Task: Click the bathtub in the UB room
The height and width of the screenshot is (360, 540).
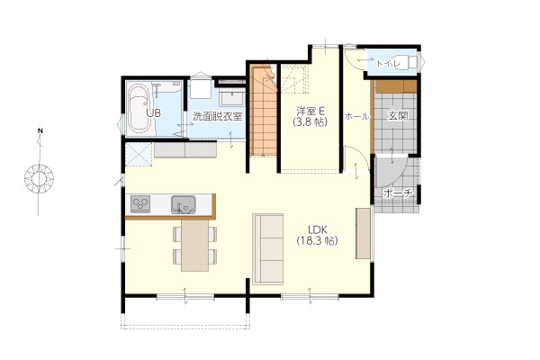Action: (139, 109)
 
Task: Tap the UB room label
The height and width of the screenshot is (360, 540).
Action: (153, 113)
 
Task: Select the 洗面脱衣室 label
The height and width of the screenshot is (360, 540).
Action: (217, 116)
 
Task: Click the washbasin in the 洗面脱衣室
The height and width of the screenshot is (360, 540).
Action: (232, 98)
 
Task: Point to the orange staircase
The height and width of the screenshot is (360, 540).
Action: (264, 111)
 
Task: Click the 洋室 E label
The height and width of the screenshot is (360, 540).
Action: (310, 111)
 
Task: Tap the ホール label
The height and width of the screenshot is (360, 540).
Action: (357, 116)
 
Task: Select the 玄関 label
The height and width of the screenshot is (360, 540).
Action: (398, 116)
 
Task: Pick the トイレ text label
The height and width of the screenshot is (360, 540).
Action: (388, 64)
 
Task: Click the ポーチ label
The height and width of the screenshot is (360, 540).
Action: (398, 193)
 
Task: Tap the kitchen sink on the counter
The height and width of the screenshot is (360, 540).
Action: (184, 204)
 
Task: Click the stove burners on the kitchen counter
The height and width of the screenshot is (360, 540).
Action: (140, 204)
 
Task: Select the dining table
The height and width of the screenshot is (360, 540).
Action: (195, 246)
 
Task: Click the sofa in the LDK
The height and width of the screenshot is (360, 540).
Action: (268, 249)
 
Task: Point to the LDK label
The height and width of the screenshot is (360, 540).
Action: (317, 229)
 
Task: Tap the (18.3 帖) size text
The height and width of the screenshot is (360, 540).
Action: (317, 241)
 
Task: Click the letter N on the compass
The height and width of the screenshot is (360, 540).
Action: (40, 130)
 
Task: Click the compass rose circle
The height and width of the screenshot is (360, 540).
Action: (39, 179)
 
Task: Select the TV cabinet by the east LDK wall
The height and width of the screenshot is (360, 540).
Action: (363, 233)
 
